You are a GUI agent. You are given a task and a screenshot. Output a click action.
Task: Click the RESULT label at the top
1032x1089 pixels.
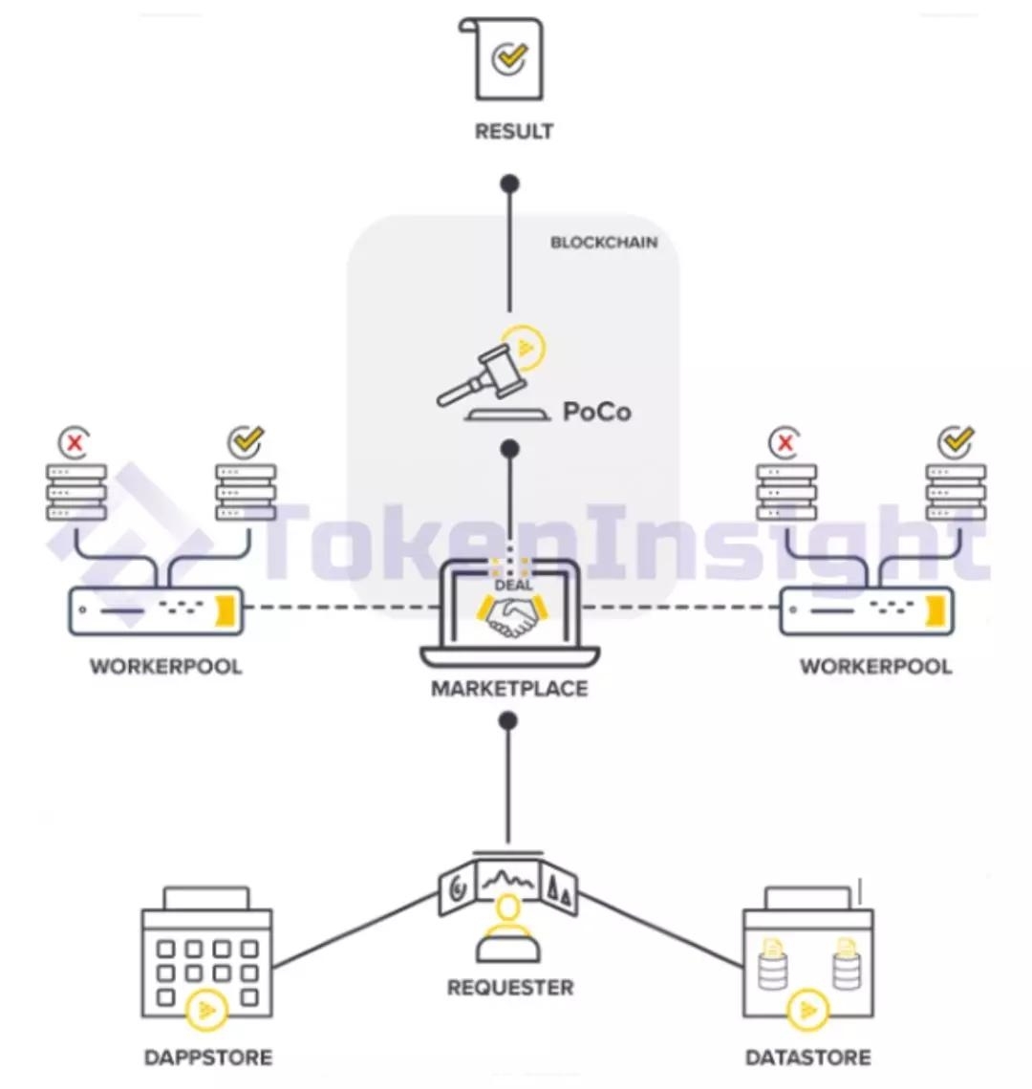[514, 131]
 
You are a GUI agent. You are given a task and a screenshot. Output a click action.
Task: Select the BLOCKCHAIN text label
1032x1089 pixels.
[604, 243]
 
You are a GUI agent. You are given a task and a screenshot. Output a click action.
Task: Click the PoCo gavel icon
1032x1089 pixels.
[483, 376]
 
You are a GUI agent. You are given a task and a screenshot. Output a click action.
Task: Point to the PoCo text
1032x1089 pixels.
[597, 412]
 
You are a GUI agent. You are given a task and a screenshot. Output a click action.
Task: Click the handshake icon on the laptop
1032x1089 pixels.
[509, 616]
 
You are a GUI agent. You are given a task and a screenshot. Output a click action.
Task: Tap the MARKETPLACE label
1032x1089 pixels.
[509, 688]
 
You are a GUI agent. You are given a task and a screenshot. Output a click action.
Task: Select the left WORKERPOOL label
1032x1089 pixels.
[166, 666]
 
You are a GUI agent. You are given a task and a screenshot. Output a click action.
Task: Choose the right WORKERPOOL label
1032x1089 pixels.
[875, 666]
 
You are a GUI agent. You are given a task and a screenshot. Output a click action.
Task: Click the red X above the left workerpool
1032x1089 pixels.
[75, 442]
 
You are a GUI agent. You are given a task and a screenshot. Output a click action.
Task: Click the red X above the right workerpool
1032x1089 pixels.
[785, 442]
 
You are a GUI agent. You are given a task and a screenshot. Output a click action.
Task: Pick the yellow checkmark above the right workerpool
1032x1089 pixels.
[956, 441]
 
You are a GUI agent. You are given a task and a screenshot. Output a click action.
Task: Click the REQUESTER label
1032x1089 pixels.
[510, 987]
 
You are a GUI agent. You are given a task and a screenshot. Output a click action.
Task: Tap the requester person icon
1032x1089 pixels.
[509, 932]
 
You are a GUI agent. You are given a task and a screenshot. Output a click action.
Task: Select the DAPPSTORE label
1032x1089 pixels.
[208, 1057]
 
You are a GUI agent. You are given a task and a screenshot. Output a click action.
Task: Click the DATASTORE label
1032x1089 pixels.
[808, 1057]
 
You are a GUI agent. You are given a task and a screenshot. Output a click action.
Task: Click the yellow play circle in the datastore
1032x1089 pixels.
[808, 1010]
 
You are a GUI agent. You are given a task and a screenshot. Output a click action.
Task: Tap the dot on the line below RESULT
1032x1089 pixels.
[510, 182]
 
